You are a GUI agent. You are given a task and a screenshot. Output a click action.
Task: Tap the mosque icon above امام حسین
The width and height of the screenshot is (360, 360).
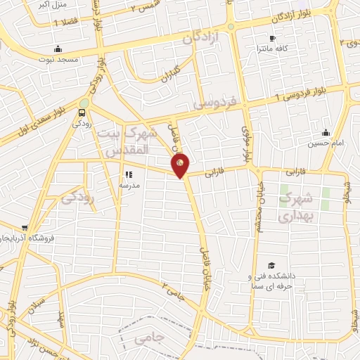(325, 132)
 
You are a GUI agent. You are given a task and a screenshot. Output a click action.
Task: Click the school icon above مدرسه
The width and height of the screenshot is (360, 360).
(129, 174)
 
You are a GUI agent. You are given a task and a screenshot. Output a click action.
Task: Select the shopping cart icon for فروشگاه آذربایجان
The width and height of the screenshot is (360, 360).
(25, 228)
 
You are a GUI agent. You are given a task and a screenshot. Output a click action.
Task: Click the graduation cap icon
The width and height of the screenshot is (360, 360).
(271, 264)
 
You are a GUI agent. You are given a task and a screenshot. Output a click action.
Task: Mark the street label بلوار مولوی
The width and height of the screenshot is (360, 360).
(245, 141)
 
